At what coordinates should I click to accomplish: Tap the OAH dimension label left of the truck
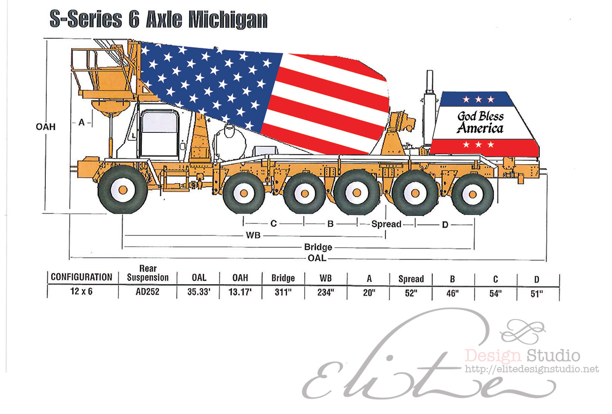click(x=46, y=127)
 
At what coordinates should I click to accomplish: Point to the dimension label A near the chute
click(x=82, y=122)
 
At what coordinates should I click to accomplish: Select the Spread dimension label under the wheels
click(x=386, y=224)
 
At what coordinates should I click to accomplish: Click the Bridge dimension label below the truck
click(x=318, y=247)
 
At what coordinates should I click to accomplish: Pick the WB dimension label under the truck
click(x=253, y=235)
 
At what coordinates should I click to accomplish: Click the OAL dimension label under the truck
click(x=317, y=258)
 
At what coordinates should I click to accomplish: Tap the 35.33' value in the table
click(x=199, y=292)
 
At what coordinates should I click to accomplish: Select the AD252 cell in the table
click(x=147, y=292)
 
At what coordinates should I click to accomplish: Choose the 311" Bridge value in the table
click(x=283, y=293)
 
